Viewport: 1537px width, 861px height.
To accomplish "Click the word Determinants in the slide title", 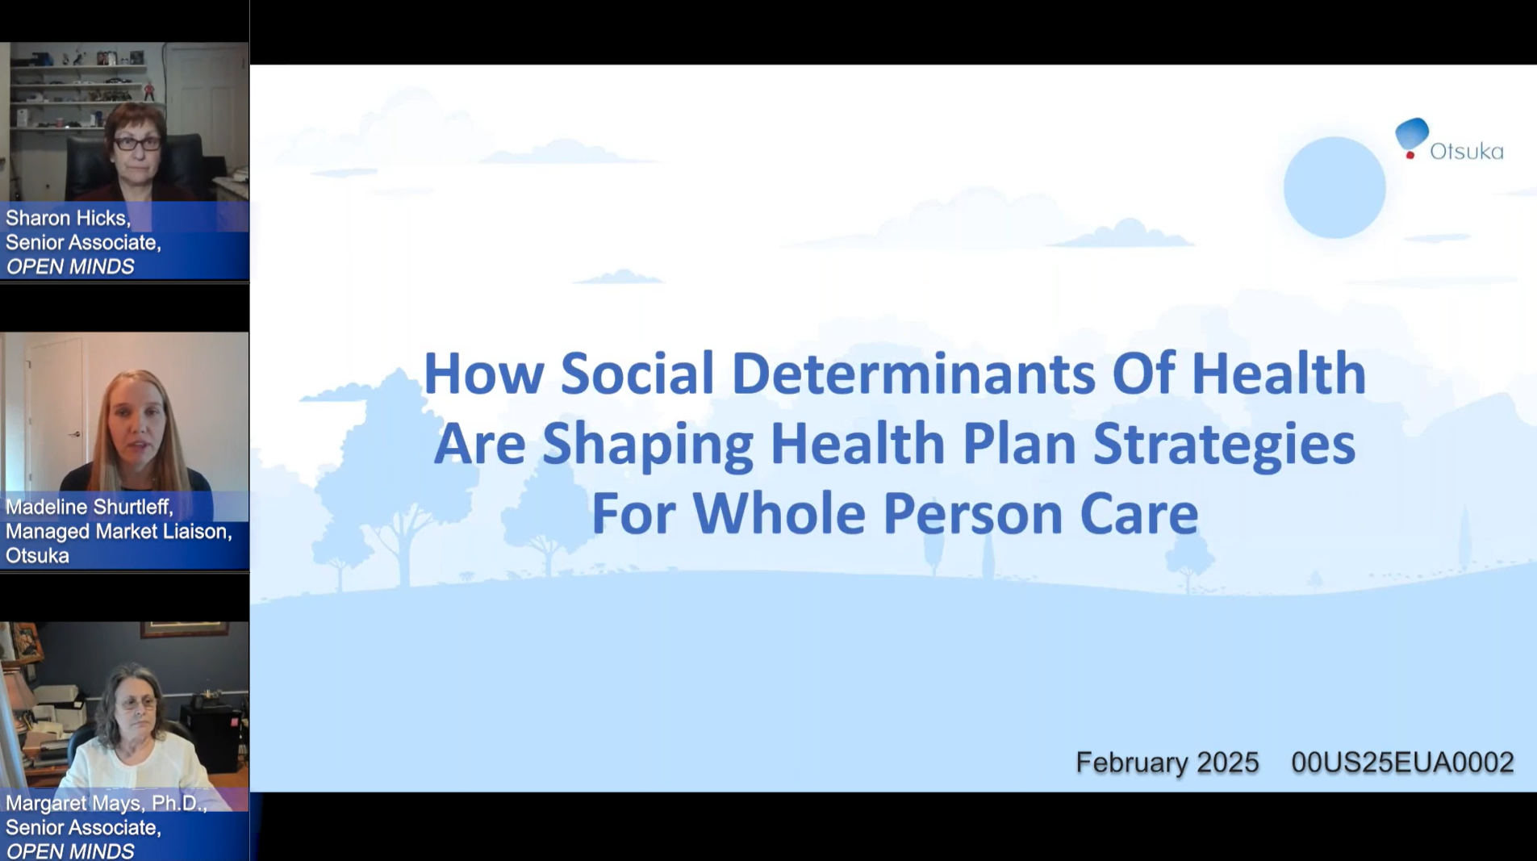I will pos(913,374).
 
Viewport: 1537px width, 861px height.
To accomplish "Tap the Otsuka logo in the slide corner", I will pos(1448,140).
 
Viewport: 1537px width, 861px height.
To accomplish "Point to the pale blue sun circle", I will pos(1334,187).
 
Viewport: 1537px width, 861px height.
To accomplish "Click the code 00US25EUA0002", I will pos(1402,763).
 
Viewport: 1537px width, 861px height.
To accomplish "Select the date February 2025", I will pos(1167,763).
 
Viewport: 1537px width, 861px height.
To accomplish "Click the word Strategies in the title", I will pos(1223,444).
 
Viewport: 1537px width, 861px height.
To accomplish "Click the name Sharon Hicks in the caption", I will pos(67,218).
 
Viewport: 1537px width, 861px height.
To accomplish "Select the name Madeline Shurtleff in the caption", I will pos(89,507).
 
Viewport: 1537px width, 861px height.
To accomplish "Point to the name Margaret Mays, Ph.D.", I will pos(106,804).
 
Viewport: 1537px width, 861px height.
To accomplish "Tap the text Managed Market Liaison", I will pos(118,532).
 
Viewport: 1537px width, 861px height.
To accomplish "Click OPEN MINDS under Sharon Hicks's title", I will pos(70,267).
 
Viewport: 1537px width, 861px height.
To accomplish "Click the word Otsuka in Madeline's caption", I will pos(37,556).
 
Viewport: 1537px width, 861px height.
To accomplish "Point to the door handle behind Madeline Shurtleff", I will pos(75,434).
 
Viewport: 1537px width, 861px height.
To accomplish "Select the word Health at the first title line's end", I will pos(1278,374).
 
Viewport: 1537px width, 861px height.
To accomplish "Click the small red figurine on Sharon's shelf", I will pos(148,90).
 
